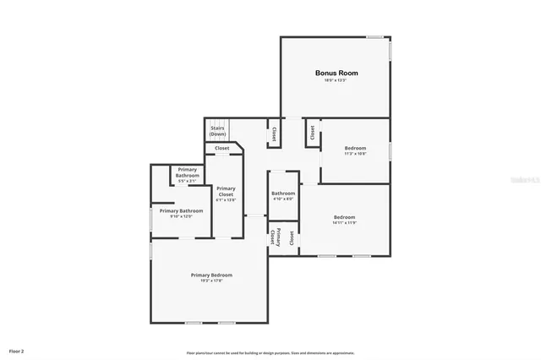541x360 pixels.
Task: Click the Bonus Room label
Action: [x=331, y=74]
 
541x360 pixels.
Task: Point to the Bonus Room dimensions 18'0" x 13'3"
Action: [x=331, y=80]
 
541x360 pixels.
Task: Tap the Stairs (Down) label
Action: [x=218, y=131]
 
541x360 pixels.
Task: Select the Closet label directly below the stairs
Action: [x=221, y=149]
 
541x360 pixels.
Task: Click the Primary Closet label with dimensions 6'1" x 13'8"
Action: [x=226, y=194]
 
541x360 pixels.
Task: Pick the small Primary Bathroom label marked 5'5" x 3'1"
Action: [x=187, y=175]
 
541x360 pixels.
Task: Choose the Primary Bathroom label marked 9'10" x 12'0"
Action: [x=176, y=213]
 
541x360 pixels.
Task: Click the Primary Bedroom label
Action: [x=211, y=275]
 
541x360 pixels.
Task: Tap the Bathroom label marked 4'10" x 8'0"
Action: [x=283, y=195]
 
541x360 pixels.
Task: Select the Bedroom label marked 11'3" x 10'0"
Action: [x=355, y=150]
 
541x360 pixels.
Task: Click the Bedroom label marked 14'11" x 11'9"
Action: [x=344, y=219]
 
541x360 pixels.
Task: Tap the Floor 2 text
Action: [x=17, y=350]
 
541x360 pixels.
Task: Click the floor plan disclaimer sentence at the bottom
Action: [x=270, y=352]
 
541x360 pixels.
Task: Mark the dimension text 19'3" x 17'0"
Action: [x=211, y=281]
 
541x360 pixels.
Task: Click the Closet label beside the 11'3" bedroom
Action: [x=312, y=132]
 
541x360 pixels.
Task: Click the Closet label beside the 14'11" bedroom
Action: [x=292, y=238]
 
